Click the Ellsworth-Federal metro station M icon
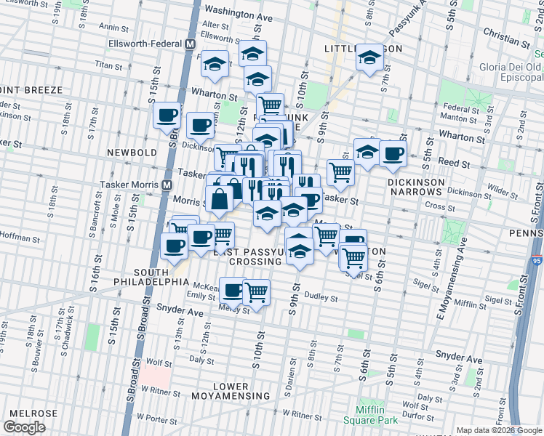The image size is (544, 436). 190,44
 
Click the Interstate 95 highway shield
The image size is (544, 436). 535,258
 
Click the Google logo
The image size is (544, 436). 25,427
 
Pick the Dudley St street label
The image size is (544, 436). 321,297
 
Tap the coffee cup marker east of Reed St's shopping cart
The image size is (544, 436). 393,155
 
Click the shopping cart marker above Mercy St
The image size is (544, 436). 256,292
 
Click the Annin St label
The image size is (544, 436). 113,27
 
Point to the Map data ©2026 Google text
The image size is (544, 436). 497,430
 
